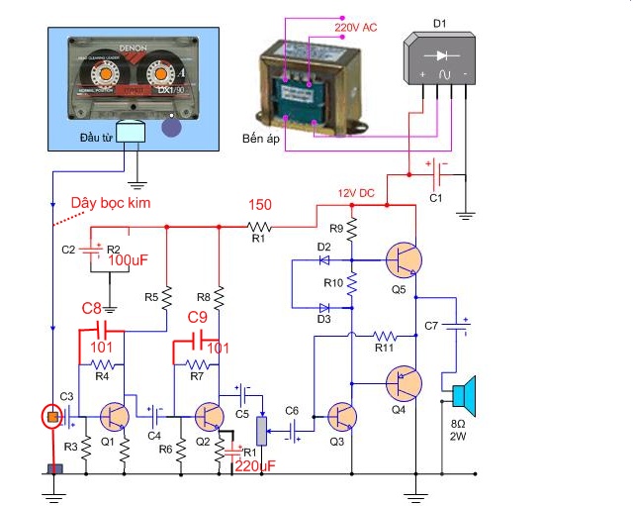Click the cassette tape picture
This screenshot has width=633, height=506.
136,75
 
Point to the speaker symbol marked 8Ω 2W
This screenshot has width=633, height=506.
462,394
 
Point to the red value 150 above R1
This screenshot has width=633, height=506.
259,205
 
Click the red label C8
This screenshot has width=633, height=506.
92,309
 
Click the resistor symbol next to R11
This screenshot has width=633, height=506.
385,335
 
